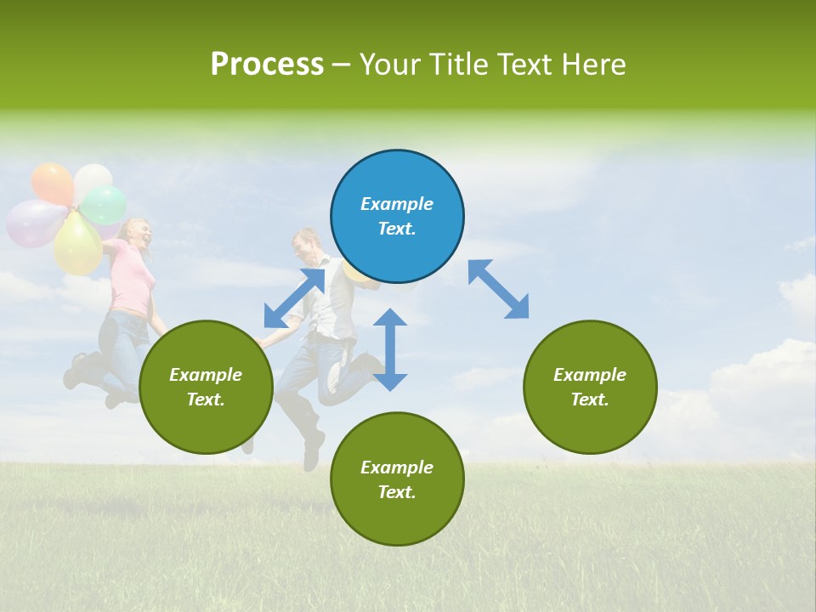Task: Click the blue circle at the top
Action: click(x=397, y=216)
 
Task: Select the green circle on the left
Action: click(x=206, y=387)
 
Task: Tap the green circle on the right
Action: click(x=590, y=387)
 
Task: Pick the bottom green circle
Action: click(x=397, y=479)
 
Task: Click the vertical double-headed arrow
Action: click(x=390, y=349)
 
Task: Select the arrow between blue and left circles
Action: click(x=294, y=297)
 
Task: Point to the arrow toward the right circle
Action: click(x=499, y=289)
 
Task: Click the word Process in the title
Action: click(x=267, y=65)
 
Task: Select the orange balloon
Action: click(x=53, y=183)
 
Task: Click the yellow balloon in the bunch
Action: click(x=77, y=245)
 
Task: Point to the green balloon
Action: click(x=105, y=204)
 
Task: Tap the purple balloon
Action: click(x=34, y=223)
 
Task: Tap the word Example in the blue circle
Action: click(x=397, y=204)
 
